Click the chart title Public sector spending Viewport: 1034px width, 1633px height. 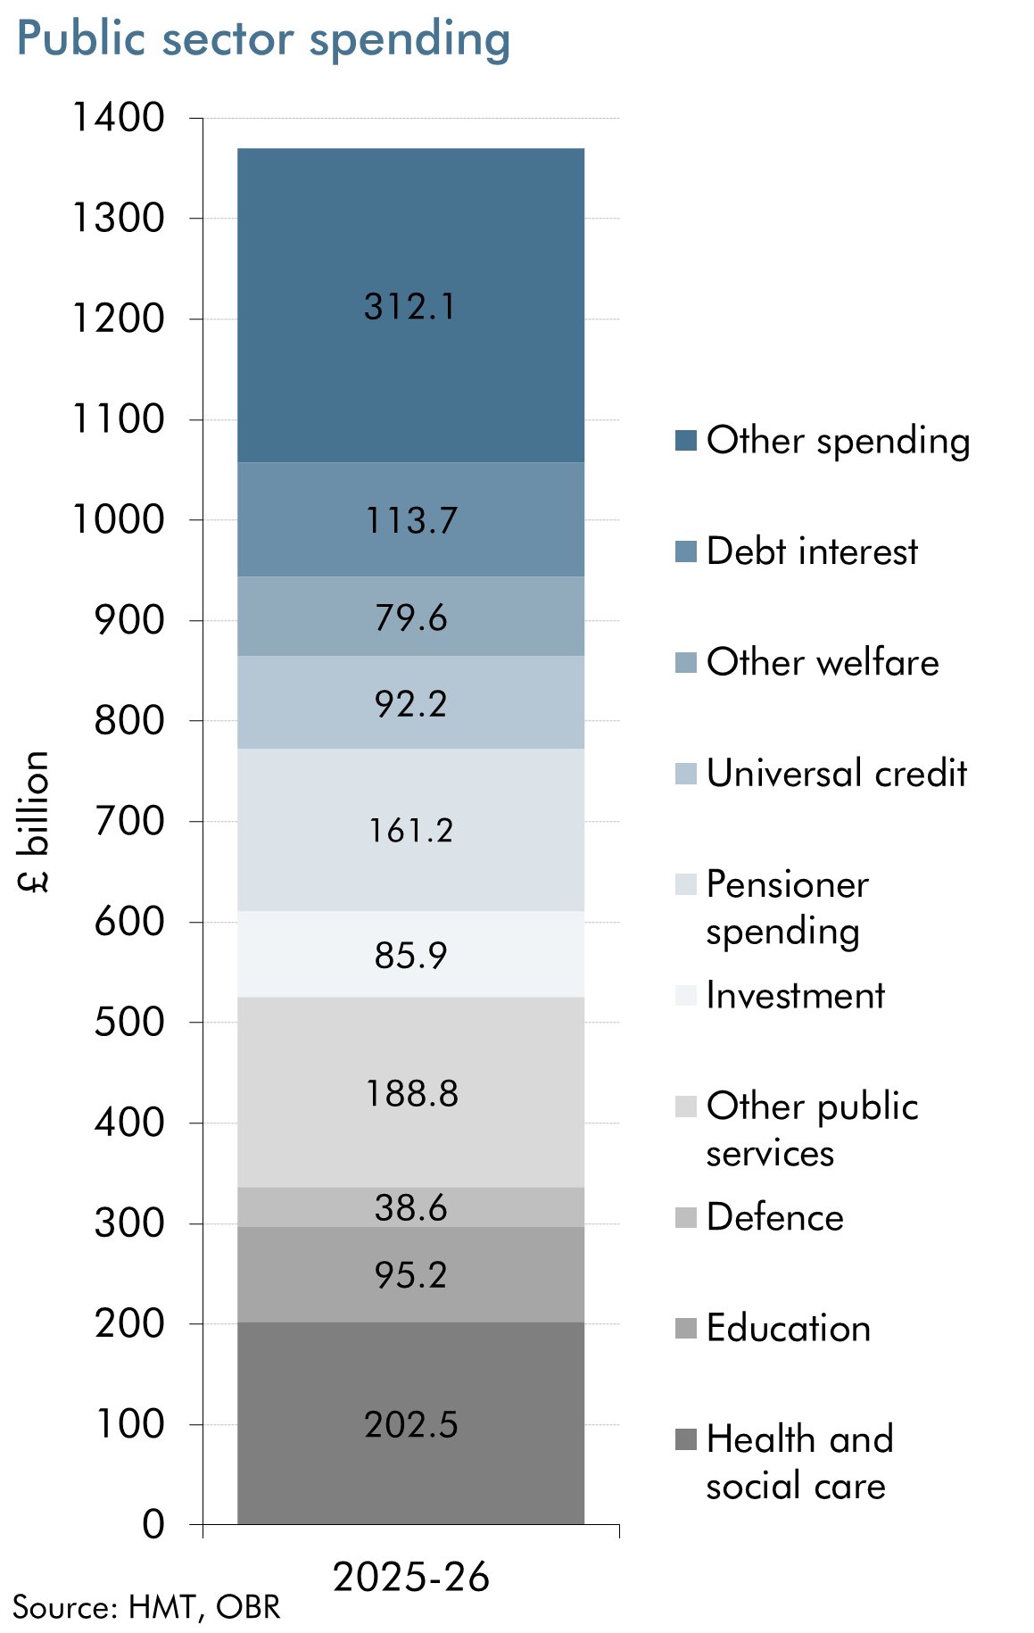pyautogui.click(x=263, y=40)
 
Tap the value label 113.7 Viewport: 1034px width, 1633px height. pyautogui.click(x=411, y=520)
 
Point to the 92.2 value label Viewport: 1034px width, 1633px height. pyautogui.click(x=410, y=704)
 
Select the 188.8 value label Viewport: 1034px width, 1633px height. pyautogui.click(x=411, y=1093)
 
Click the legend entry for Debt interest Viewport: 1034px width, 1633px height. pyautogui.click(x=811, y=551)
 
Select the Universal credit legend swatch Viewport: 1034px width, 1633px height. pyautogui.click(x=685, y=774)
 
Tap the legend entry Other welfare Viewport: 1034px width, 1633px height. pyautogui.click(x=822, y=662)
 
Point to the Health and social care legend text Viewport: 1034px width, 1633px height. pyautogui.click(x=798, y=1462)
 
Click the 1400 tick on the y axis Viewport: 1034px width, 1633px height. pyautogui.click(x=118, y=118)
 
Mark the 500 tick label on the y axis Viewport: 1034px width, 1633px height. pyautogui.click(x=129, y=1023)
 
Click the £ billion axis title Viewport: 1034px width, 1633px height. pyautogui.click(x=34, y=821)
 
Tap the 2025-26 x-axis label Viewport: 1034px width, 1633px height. pyautogui.click(x=411, y=1578)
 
